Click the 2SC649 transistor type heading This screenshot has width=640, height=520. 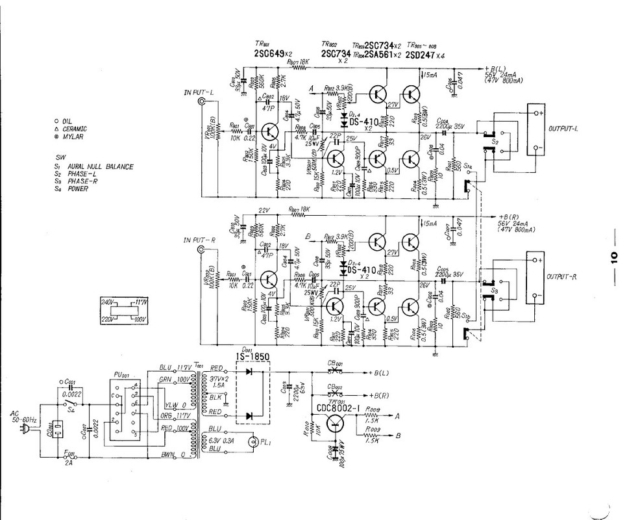(x=273, y=54)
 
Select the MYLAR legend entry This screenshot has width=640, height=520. (x=72, y=137)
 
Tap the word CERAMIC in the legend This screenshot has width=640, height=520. (x=75, y=129)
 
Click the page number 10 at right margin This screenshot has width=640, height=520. (x=613, y=254)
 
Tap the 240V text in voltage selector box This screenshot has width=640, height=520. (x=108, y=302)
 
